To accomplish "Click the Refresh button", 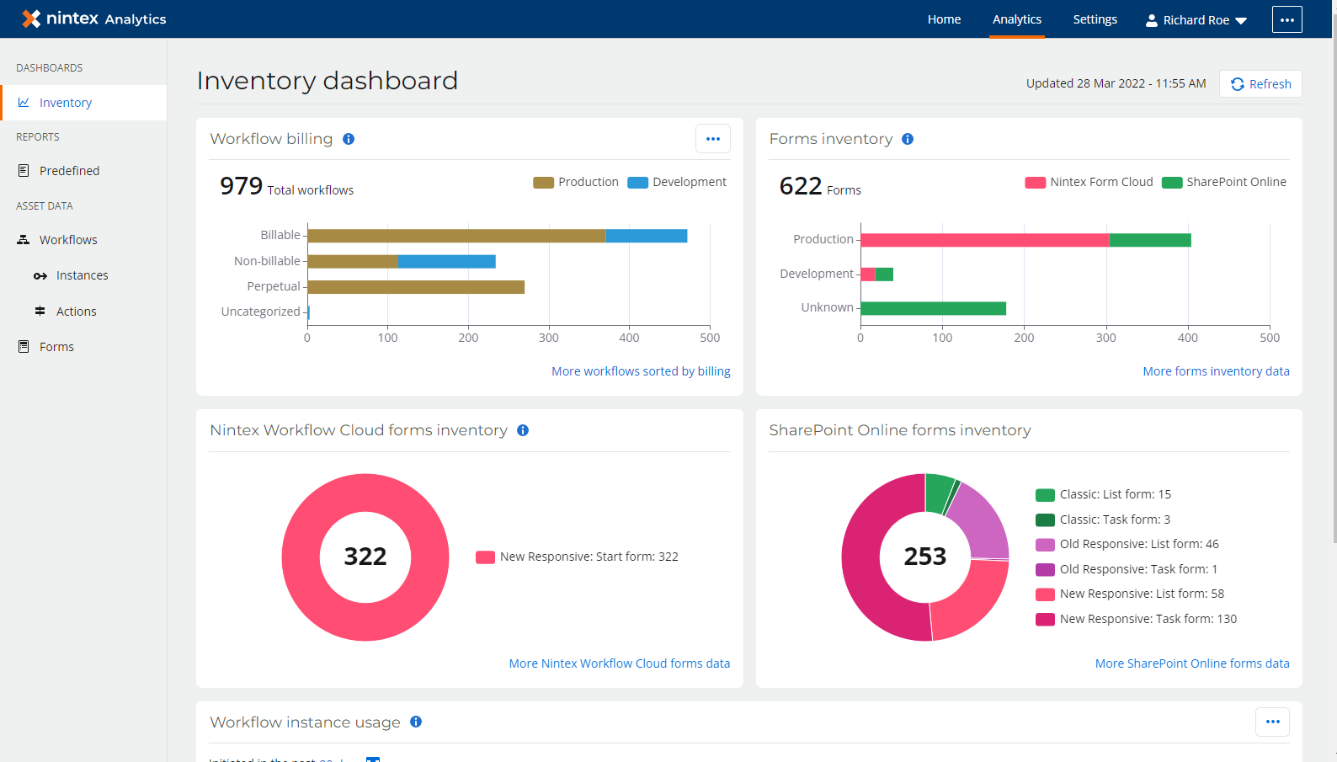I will pyautogui.click(x=1260, y=84).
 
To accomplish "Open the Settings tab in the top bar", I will pyautogui.click(x=1095, y=19).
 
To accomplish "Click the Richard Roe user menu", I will pyautogui.click(x=1196, y=20).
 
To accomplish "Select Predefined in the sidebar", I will pyautogui.click(x=69, y=171).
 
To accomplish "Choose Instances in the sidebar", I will pyautogui.click(x=82, y=275).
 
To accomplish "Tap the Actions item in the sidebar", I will pyautogui.click(x=76, y=312).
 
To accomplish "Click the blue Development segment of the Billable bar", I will pyautogui.click(x=646, y=236).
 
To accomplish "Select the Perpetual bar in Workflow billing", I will pyautogui.click(x=416, y=287).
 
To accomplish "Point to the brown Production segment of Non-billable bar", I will pyautogui.click(x=353, y=262).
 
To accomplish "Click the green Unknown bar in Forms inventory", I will pyautogui.click(x=933, y=308).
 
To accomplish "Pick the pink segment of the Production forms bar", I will pyautogui.click(x=984, y=240).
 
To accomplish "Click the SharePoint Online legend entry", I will pyautogui.click(x=1225, y=182).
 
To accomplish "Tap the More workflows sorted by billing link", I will pyautogui.click(x=641, y=371).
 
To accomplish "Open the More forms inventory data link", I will pyautogui.click(x=1216, y=371).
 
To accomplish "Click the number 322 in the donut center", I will pyautogui.click(x=365, y=557).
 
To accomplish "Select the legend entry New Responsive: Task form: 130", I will pyautogui.click(x=1147, y=619).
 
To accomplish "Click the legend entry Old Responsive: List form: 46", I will pyautogui.click(x=1138, y=544).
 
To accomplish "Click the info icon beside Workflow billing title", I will pyautogui.click(x=349, y=139).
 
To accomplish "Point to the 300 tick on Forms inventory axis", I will pyautogui.click(x=1105, y=338).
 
